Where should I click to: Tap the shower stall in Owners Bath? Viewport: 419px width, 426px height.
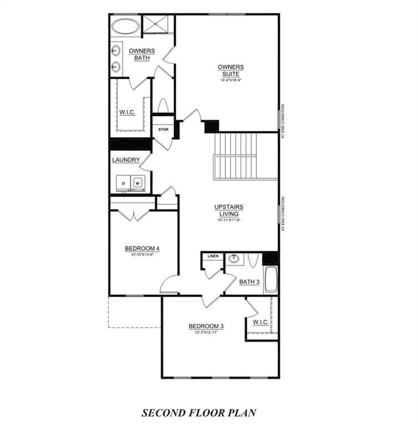[x=158, y=24]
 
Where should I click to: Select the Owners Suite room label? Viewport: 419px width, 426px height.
[x=230, y=70]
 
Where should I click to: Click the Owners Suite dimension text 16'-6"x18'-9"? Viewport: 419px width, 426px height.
[x=230, y=80]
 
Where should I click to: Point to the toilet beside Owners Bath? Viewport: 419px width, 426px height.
[x=163, y=105]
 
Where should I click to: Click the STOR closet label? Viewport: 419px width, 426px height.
[x=163, y=130]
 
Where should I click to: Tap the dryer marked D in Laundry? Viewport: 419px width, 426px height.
[x=123, y=182]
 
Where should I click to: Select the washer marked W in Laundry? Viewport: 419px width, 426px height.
[x=138, y=182]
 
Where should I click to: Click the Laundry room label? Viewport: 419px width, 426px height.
[x=125, y=160]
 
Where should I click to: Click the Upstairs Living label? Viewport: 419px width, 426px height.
[x=229, y=210]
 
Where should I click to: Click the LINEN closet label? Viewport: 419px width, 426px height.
[x=213, y=256]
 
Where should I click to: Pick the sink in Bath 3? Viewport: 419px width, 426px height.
[x=234, y=258]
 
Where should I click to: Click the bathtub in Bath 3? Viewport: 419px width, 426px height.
[x=270, y=280]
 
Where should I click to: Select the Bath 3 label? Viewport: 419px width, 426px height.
[x=249, y=282]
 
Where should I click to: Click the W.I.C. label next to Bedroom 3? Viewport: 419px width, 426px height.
[x=261, y=322]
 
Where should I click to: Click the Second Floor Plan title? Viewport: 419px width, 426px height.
[x=199, y=413]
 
